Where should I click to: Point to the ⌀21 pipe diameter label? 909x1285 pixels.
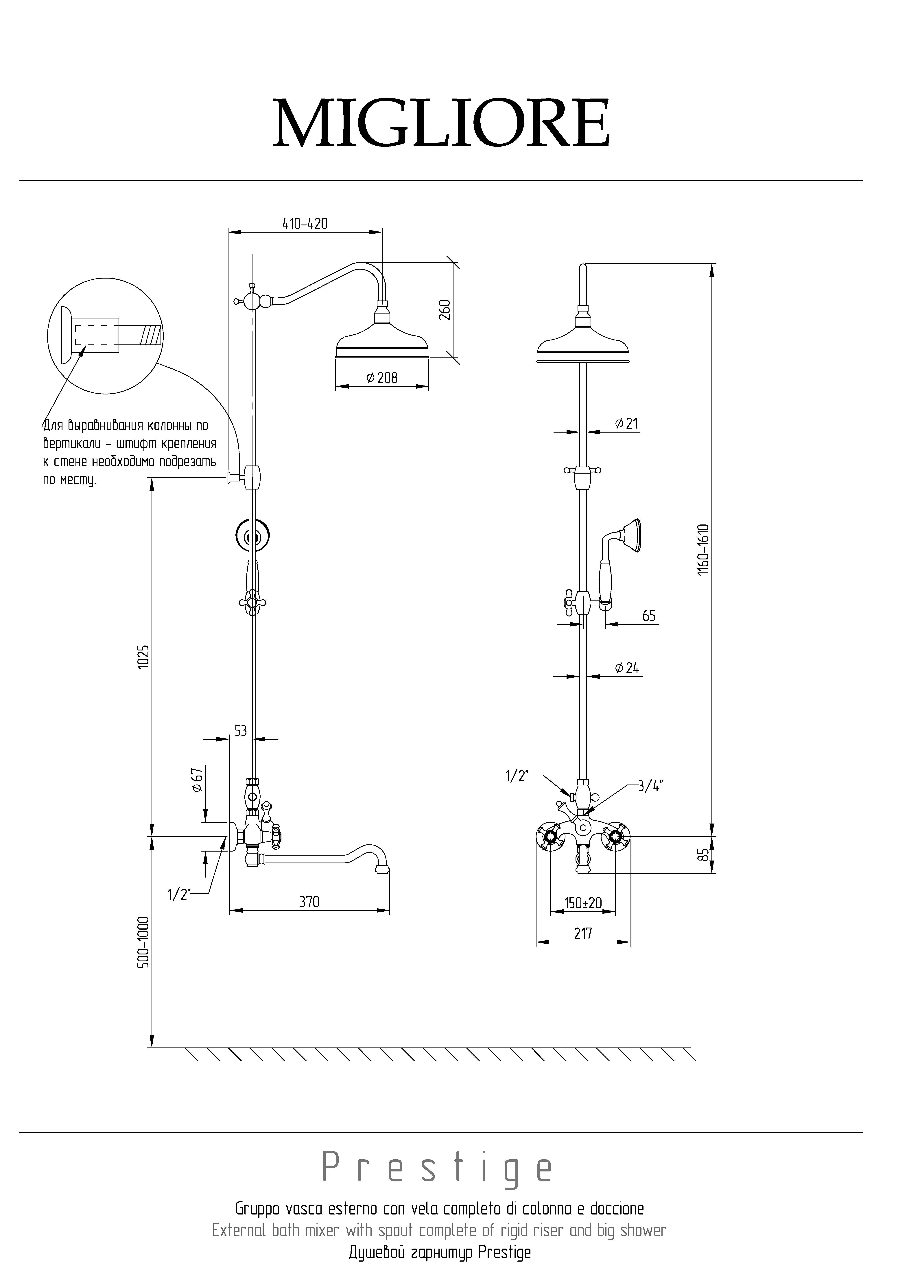(x=626, y=424)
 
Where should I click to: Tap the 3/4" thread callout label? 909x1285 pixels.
(x=650, y=786)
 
